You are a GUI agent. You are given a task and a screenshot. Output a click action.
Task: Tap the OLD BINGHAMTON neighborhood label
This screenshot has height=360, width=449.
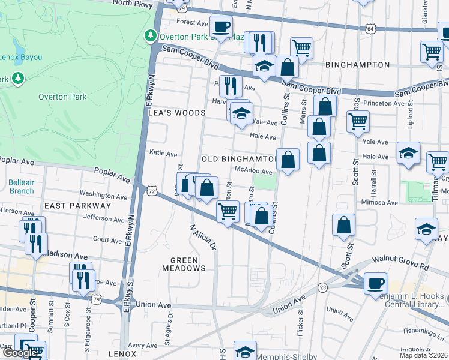(x=239, y=159)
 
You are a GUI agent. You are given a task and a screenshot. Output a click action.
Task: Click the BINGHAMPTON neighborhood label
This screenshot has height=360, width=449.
(x=357, y=64)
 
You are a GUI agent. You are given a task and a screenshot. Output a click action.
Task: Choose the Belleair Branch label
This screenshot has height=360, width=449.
(x=21, y=187)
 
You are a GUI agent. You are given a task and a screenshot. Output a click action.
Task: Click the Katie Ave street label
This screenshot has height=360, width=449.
(x=163, y=154)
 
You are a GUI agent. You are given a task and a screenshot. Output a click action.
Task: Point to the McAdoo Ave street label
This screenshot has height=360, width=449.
(x=250, y=171)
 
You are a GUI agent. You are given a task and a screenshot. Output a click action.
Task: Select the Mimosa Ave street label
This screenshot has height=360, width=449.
(x=379, y=203)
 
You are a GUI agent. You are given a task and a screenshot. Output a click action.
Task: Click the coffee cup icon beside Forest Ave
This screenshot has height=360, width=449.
(x=221, y=26)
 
